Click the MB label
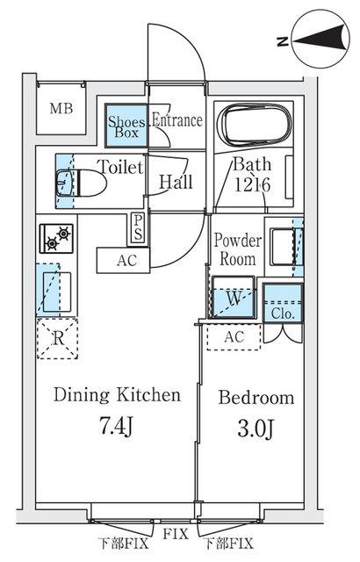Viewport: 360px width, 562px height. (61, 108)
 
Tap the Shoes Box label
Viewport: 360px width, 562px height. (126, 126)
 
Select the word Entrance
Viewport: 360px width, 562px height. (177, 120)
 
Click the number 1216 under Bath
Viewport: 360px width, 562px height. (252, 185)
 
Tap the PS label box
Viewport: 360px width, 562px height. (138, 228)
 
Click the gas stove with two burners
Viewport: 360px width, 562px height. (56, 238)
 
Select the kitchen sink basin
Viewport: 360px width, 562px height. (57, 292)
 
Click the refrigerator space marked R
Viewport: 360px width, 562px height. (57, 337)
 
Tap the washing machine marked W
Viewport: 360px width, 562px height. (234, 297)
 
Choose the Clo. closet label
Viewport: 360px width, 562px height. (283, 313)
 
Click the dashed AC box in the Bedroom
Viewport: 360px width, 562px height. (234, 337)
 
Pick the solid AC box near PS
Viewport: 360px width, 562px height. (123, 260)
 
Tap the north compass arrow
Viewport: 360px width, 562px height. (321, 39)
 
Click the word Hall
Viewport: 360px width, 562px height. (176, 182)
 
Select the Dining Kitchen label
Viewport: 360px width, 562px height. (117, 395)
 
